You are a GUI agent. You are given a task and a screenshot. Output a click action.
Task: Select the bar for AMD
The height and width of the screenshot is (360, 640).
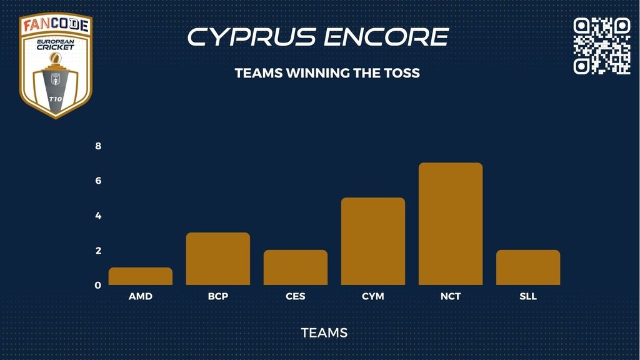click(141, 276)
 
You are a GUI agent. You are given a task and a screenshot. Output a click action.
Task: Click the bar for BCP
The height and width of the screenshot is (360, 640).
click(218, 259)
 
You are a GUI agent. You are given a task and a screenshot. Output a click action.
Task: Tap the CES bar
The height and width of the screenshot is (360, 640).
click(296, 267)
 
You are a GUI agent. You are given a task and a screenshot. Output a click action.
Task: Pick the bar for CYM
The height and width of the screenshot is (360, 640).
click(373, 241)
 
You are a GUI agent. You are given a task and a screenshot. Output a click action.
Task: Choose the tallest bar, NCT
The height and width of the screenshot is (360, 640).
click(451, 224)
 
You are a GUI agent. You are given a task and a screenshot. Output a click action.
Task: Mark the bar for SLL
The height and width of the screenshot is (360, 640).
click(528, 267)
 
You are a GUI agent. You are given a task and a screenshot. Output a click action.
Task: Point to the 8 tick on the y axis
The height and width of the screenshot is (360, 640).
click(98, 146)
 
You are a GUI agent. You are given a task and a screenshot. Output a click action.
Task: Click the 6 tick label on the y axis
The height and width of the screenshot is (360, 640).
click(98, 181)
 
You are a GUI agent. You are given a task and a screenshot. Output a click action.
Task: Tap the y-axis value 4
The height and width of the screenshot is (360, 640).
click(98, 216)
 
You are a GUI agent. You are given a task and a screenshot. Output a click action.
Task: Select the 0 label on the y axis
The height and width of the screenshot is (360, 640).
click(98, 285)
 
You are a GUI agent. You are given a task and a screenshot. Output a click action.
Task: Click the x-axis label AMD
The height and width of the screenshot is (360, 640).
click(141, 296)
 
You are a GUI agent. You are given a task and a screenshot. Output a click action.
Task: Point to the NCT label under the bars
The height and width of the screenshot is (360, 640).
click(451, 296)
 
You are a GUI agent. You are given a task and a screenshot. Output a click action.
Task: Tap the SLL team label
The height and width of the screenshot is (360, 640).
click(528, 296)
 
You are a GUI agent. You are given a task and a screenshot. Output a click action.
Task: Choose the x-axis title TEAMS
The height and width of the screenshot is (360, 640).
click(324, 332)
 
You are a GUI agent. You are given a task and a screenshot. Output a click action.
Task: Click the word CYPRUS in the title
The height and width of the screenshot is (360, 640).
click(251, 37)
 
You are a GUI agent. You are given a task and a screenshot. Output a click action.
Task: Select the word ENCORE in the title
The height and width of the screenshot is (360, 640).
click(386, 37)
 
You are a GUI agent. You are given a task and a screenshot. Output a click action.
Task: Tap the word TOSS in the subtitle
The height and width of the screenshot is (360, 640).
click(402, 73)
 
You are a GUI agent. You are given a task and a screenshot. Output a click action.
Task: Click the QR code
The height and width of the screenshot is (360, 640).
click(602, 46)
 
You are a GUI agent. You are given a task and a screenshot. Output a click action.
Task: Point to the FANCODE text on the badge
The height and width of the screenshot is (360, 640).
click(56, 25)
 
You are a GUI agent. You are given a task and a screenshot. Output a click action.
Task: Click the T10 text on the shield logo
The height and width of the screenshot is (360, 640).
click(56, 99)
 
